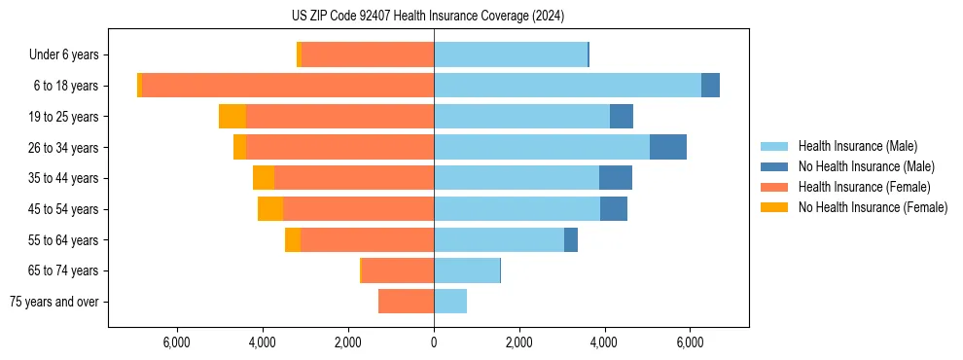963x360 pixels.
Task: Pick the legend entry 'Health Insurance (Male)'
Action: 857,146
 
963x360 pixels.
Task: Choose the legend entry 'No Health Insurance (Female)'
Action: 873,207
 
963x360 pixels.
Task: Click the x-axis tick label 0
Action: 434,342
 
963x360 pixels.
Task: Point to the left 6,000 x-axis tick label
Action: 177,342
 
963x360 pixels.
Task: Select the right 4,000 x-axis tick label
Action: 604,342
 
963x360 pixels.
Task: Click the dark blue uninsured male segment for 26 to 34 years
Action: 668,147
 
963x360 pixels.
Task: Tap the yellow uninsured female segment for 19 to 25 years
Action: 232,117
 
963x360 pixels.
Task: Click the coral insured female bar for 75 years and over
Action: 406,302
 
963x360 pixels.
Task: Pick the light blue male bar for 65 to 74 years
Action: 467,270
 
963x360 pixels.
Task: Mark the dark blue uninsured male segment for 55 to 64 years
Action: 571,239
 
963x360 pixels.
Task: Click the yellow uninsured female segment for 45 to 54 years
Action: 270,209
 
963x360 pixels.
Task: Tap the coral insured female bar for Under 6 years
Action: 368,54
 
